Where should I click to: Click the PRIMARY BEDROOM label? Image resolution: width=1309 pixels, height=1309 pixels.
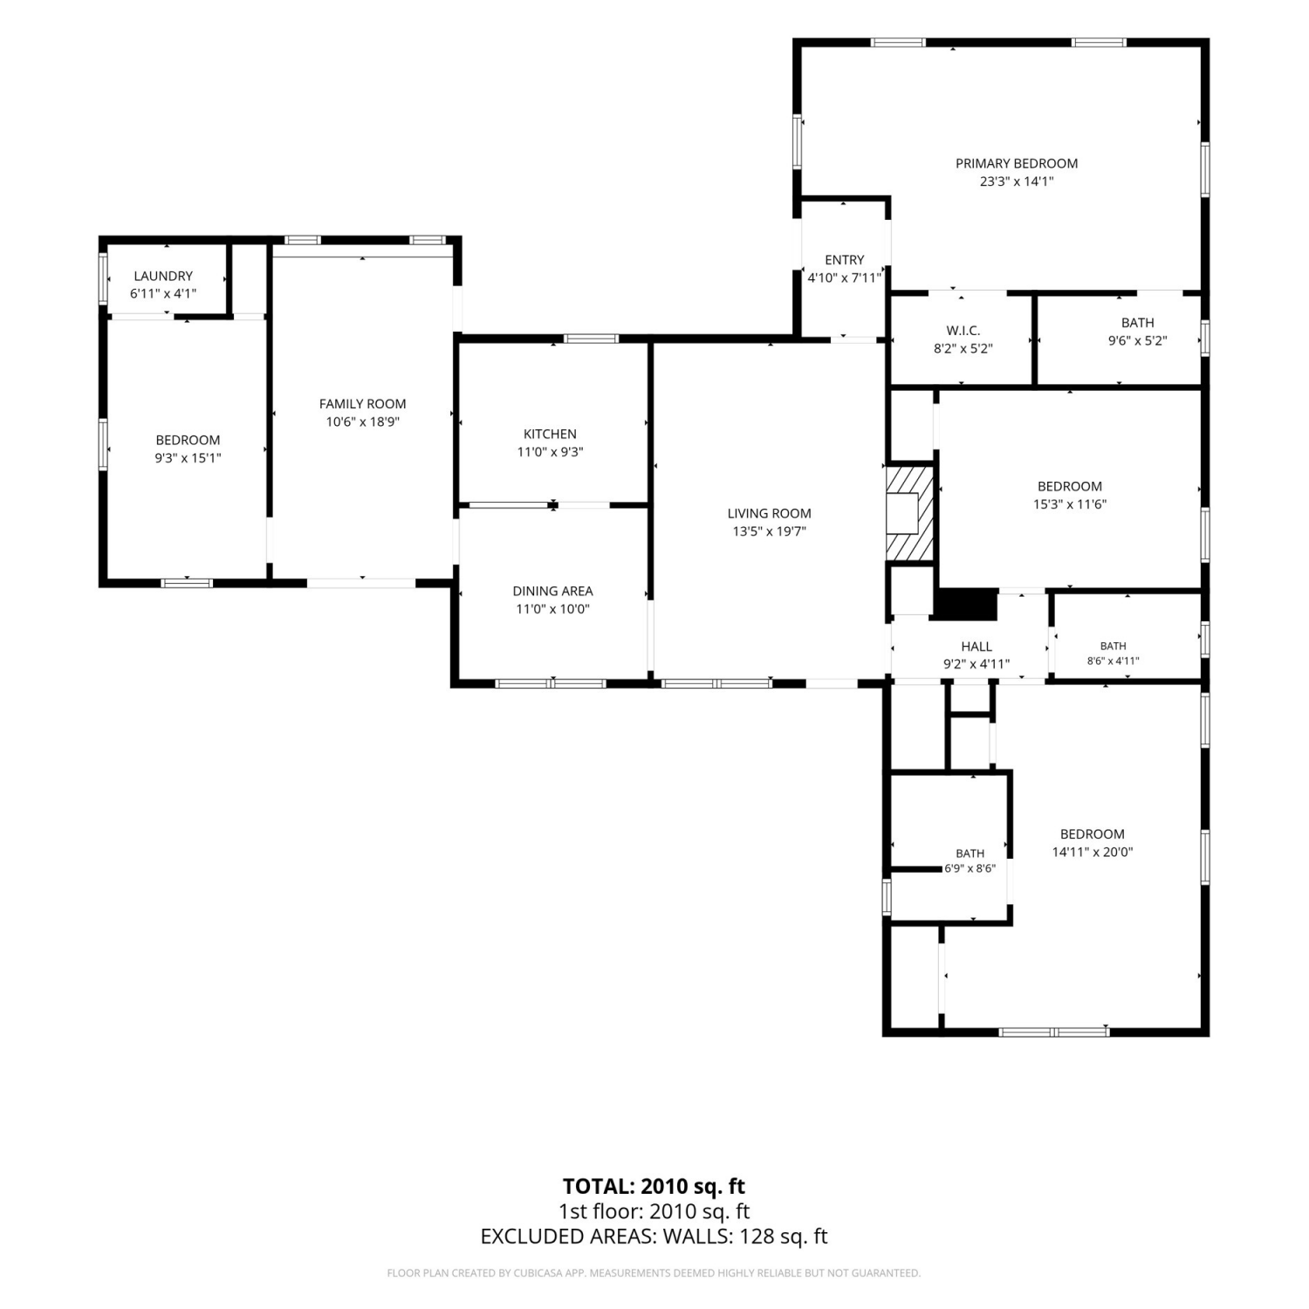click(x=1017, y=163)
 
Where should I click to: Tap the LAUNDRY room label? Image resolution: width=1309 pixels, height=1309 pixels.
click(x=163, y=276)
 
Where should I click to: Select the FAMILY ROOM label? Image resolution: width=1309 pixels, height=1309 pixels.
click(x=362, y=404)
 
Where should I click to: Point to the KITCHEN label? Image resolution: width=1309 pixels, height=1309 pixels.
click(x=550, y=434)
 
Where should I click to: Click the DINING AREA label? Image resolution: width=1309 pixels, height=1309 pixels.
click(x=552, y=591)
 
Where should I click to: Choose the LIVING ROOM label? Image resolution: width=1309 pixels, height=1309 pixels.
click(x=769, y=513)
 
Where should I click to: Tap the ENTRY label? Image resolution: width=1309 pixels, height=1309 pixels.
click(x=844, y=260)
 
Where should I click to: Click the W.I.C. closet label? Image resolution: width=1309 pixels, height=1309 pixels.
click(x=963, y=331)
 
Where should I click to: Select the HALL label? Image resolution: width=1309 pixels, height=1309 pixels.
click(x=977, y=647)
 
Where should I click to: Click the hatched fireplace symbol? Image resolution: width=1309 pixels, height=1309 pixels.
click(x=910, y=513)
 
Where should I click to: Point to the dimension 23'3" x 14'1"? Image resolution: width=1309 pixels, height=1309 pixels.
click(x=1017, y=182)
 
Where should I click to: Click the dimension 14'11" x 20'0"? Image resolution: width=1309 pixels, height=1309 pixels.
click(x=1092, y=852)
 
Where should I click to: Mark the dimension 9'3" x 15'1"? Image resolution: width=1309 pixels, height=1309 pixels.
click(x=188, y=457)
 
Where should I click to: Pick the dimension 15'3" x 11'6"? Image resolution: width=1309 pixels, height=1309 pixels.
click(x=1069, y=504)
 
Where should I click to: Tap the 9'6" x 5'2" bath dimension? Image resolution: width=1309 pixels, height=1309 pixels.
click(x=1137, y=340)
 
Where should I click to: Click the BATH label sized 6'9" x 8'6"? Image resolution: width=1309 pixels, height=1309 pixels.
click(x=970, y=853)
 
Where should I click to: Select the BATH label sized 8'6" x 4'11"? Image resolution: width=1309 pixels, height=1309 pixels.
click(x=1113, y=646)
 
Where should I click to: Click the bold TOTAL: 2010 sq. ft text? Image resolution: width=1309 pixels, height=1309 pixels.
click(x=654, y=1186)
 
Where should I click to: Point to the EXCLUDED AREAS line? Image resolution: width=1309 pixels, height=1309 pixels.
click(x=654, y=1236)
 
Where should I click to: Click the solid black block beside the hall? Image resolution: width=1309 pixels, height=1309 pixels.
click(x=965, y=605)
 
